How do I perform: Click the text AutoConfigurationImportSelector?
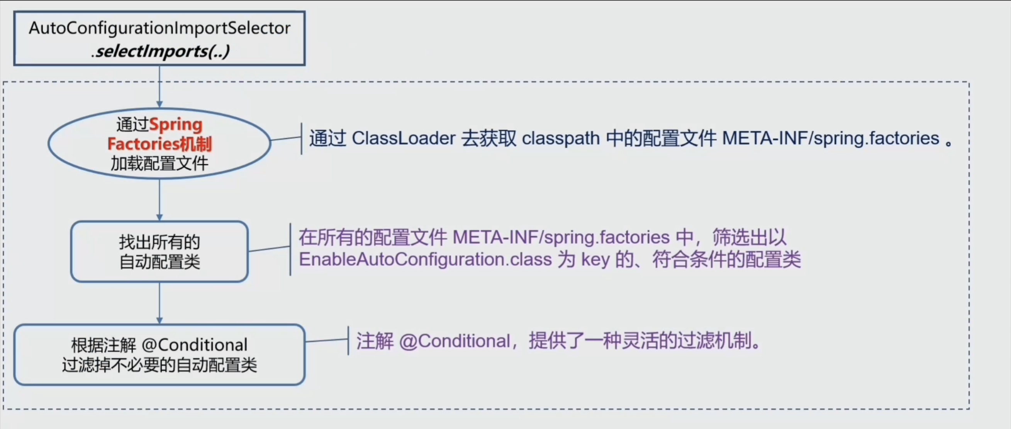(x=159, y=28)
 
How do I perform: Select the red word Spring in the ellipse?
(x=176, y=125)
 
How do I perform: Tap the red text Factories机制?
(x=159, y=144)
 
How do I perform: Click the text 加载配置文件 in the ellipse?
(x=159, y=164)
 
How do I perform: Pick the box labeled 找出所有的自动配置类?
(x=159, y=252)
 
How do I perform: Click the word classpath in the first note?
(x=561, y=138)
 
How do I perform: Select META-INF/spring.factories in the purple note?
(x=561, y=237)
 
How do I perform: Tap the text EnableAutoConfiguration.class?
(x=426, y=260)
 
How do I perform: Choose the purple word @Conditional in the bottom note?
(x=455, y=341)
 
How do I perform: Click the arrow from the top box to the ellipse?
(x=159, y=86)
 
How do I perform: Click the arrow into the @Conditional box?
(x=159, y=303)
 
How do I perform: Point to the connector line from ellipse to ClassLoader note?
(x=286, y=138)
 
